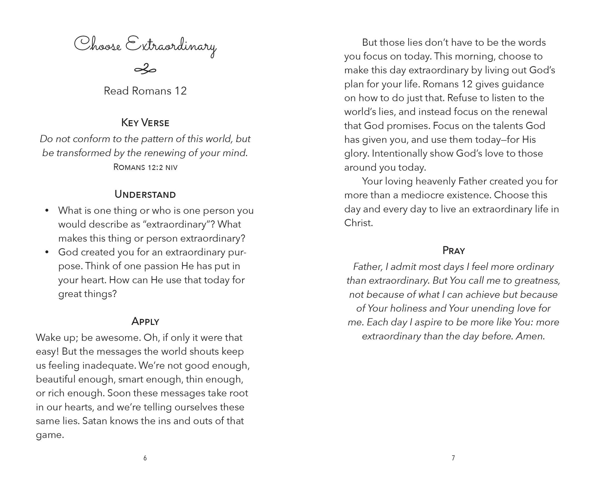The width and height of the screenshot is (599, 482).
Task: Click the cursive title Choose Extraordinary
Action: [145, 46]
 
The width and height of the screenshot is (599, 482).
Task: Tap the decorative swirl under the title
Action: [145, 70]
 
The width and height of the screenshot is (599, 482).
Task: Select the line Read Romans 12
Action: [145, 91]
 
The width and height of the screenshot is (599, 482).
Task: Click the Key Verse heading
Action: [145, 123]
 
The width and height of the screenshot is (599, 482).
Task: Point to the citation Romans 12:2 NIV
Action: [145, 167]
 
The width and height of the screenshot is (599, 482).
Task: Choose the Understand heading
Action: [145, 194]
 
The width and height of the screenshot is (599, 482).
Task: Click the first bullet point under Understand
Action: [47, 211]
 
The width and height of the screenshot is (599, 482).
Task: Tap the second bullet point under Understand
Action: [47, 252]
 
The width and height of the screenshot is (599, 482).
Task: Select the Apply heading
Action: [145, 321]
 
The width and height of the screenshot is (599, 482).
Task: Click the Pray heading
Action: [453, 251]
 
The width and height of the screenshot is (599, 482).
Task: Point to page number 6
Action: [145, 458]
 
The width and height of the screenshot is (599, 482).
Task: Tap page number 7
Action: [453, 458]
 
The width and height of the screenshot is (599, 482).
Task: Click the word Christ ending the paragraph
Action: [358, 223]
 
